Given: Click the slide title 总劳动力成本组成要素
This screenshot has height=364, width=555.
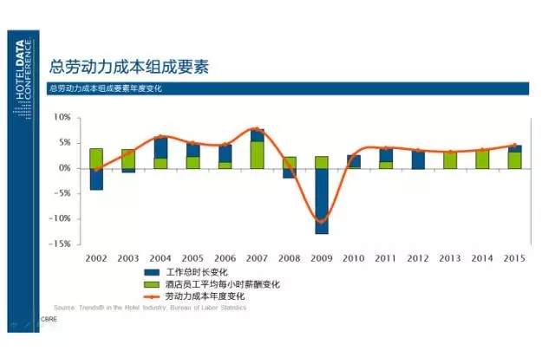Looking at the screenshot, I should tap(130, 67).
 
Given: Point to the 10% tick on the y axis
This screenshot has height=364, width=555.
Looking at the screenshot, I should tap(62, 117).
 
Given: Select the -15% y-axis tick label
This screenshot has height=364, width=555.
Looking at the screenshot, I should tap(59, 244).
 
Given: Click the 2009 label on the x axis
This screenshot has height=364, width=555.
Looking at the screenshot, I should tap(321, 258).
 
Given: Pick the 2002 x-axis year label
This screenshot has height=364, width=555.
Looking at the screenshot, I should tap(96, 258).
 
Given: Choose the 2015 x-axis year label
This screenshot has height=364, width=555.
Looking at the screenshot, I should tap(514, 258).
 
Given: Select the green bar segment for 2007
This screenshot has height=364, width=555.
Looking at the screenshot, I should tap(258, 154).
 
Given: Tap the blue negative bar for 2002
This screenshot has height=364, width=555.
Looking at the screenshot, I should tap(96, 179).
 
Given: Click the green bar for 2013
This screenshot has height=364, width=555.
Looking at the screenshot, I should tap(450, 159).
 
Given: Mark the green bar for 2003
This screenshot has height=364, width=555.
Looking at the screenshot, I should tap(128, 159).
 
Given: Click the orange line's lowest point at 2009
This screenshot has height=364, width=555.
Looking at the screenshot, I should tap(322, 221).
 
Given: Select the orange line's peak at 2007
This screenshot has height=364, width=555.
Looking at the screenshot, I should tap(257, 128).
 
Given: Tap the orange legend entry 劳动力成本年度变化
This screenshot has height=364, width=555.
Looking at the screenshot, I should tap(205, 296).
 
